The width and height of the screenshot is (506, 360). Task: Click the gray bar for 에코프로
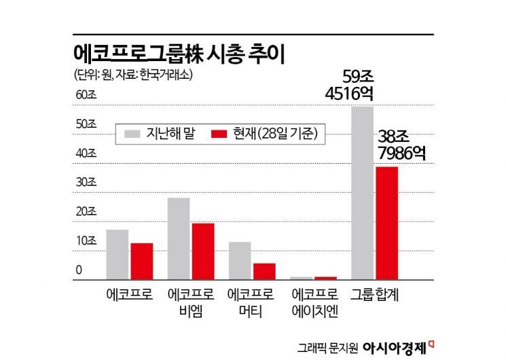tap(118, 254)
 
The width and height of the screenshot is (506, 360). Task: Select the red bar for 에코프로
tap(141, 261)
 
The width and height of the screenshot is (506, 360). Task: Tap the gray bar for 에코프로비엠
tap(179, 238)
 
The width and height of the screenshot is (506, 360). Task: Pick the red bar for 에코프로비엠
tap(202, 251)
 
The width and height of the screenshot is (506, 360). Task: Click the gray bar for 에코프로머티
tap(240, 260)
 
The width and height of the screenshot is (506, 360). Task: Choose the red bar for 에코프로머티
tap(264, 270)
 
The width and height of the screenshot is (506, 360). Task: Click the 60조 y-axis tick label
tap(86, 95)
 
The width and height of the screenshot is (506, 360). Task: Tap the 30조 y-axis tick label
tap(86, 183)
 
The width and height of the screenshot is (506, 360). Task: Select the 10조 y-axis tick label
tap(86, 241)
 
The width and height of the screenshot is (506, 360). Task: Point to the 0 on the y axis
tap(79, 270)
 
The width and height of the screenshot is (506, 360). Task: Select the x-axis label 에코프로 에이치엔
tap(314, 303)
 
